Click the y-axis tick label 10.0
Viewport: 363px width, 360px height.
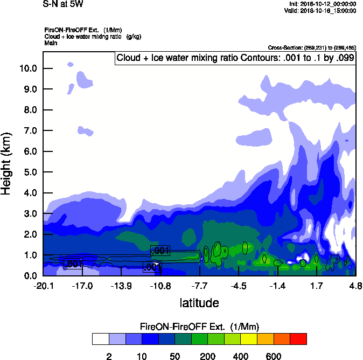[x=28, y=68]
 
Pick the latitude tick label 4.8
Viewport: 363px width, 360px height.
[x=355, y=285]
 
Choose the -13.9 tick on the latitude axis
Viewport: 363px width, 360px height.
[x=121, y=285]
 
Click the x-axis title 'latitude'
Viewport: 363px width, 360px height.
[x=199, y=303]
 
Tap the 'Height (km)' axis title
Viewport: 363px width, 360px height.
[x=7, y=164]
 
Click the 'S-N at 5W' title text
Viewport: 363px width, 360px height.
[x=63, y=4]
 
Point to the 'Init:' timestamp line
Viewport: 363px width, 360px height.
[x=322, y=4]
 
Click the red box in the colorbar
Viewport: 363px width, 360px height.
[x=299, y=338]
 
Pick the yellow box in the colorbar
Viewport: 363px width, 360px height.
[x=247, y=338]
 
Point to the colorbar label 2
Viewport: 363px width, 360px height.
[x=109, y=356]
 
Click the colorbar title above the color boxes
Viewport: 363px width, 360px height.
[x=200, y=327]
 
